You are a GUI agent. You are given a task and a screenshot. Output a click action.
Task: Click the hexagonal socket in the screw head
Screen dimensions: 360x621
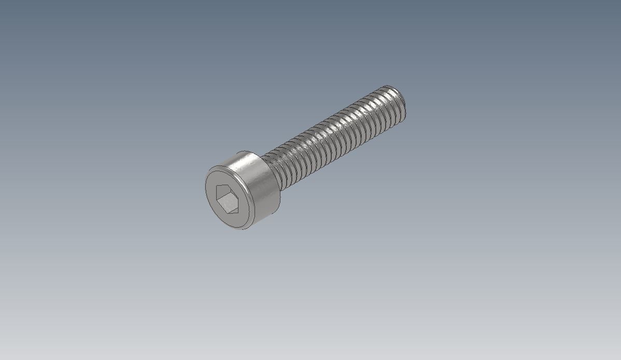(228, 198)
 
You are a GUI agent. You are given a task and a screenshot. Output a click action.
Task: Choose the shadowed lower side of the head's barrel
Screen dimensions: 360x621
(267, 207)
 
